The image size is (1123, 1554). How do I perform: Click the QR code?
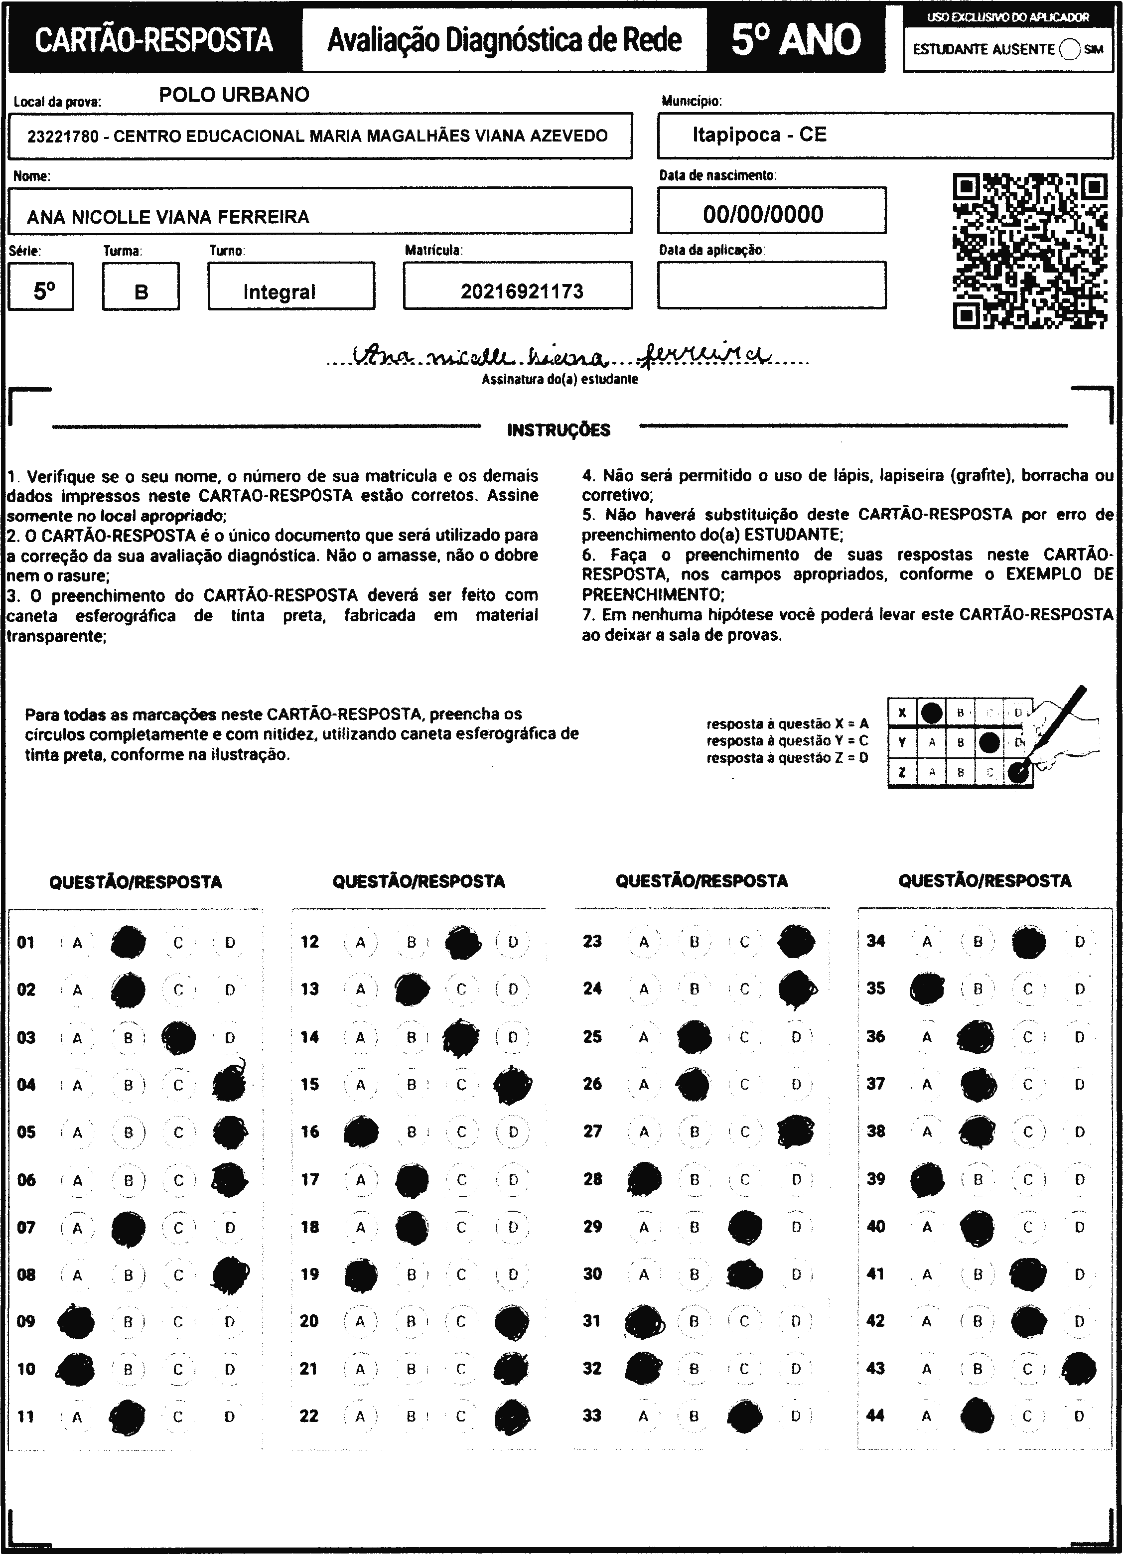point(1029,251)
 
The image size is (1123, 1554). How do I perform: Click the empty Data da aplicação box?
point(772,285)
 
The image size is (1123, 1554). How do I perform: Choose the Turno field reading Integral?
point(279,292)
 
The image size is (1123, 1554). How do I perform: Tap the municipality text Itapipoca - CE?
point(759,135)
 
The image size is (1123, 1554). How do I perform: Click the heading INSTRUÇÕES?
point(559,430)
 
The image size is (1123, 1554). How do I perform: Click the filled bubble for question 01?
point(128,942)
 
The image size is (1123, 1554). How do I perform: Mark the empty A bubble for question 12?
point(360,942)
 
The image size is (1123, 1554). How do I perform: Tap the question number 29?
point(592,1227)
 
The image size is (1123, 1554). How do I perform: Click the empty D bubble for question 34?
point(1079,942)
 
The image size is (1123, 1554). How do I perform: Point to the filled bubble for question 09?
point(77,1321)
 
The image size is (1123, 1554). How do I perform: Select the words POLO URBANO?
point(234,95)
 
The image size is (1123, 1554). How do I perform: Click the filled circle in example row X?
point(931,712)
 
